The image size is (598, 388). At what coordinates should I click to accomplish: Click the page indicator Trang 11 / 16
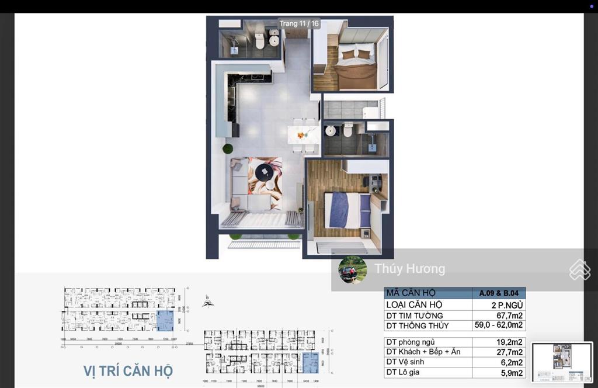[x=299, y=24]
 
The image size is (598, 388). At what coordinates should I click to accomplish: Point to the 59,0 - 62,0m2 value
[x=498, y=325]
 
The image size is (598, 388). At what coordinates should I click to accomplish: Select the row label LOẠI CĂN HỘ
[x=414, y=305]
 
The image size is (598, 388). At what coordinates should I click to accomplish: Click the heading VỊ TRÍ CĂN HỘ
[x=128, y=370]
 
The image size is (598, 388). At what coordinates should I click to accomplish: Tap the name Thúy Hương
[x=409, y=269]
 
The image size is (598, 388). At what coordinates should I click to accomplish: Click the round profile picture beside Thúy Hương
[x=353, y=269]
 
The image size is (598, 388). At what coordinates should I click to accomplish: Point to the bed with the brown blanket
[x=355, y=67]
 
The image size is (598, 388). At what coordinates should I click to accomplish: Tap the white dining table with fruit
[x=304, y=135]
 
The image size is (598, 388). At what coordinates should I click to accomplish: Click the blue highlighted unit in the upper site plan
[x=165, y=321]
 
